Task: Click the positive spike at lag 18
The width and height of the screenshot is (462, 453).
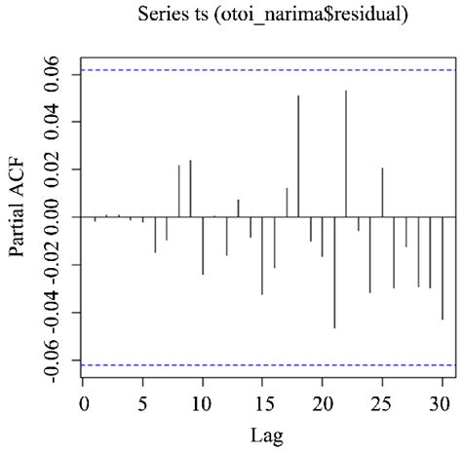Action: coord(298,156)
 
